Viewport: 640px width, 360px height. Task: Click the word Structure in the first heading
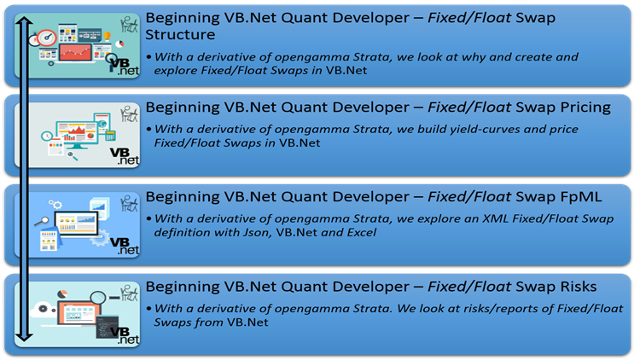[181, 36]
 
